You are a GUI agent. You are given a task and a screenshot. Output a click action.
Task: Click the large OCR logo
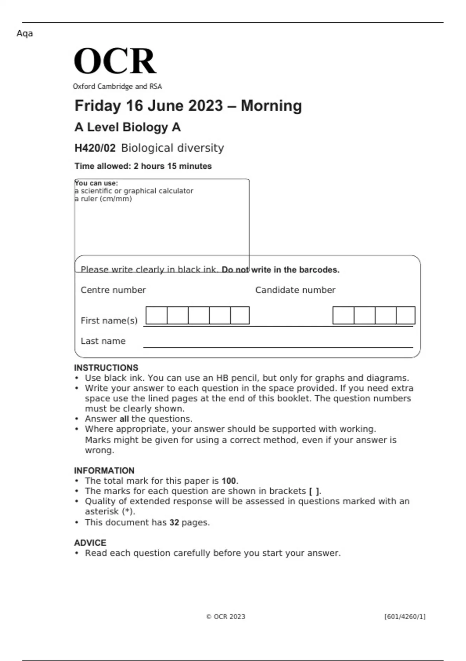115,61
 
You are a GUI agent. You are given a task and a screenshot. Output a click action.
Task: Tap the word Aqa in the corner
24,33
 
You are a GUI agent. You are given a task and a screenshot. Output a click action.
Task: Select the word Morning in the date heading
271,106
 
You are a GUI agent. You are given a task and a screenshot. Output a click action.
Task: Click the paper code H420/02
95,148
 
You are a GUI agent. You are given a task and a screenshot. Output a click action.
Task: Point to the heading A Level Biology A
127,127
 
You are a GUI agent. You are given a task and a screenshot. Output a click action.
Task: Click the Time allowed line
143,166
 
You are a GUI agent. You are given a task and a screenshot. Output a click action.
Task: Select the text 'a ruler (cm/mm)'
103,199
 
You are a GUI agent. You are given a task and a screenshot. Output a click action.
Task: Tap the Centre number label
113,290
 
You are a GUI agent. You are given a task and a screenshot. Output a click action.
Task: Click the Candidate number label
295,290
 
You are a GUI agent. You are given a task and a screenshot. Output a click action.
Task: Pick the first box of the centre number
156,315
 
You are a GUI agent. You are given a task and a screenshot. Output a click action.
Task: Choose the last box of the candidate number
405,315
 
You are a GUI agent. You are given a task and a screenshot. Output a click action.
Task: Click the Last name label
103,341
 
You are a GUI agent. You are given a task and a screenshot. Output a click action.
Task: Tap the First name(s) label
109,321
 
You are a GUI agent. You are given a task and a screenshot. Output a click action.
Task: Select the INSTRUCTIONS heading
106,368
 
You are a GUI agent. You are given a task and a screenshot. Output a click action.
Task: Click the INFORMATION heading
104,470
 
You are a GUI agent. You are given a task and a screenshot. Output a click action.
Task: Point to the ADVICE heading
90,543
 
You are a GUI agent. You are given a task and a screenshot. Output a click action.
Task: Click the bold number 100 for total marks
229,481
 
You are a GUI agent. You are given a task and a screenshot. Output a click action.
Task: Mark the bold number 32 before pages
174,523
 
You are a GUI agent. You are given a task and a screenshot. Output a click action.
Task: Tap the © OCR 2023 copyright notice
226,617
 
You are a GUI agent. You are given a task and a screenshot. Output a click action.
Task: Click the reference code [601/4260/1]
405,617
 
